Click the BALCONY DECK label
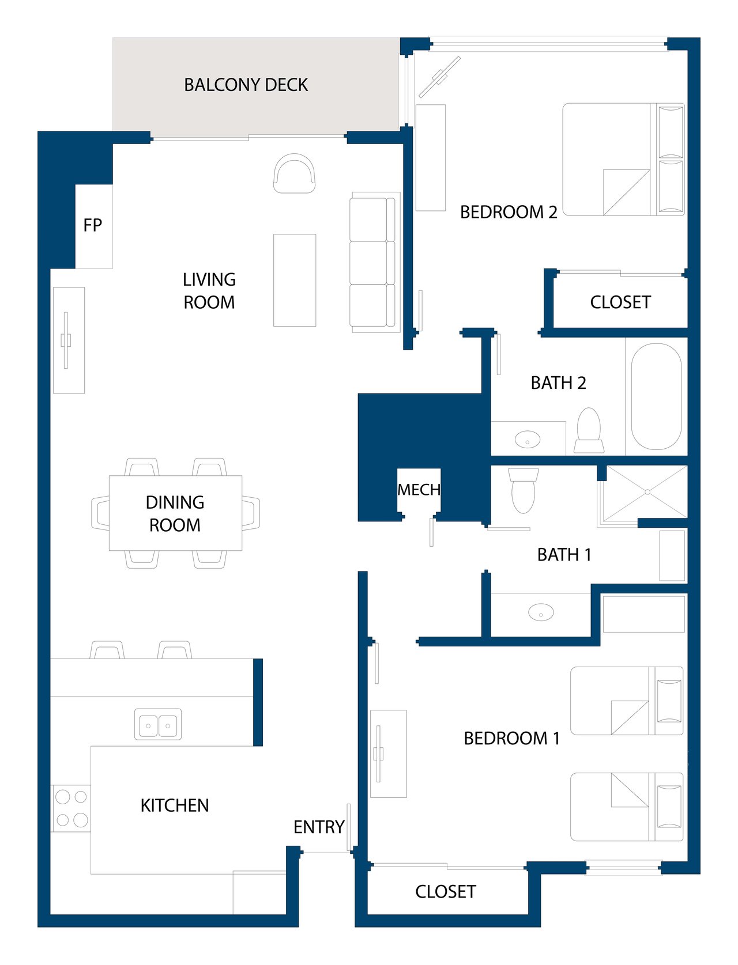click(246, 85)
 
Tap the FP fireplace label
click(92, 225)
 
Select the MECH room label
click(419, 489)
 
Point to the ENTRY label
click(319, 827)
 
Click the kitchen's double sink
click(158, 724)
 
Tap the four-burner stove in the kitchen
click(71, 808)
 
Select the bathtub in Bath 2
click(656, 396)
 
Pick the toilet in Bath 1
click(524, 490)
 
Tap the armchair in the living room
click(294, 173)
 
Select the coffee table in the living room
click(295, 280)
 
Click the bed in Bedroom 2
click(624, 159)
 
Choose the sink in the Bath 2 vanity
click(527, 439)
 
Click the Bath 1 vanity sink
click(541, 612)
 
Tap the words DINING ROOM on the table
click(175, 513)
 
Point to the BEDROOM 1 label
click(512, 738)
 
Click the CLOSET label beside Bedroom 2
click(620, 302)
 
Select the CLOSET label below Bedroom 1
click(446, 892)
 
